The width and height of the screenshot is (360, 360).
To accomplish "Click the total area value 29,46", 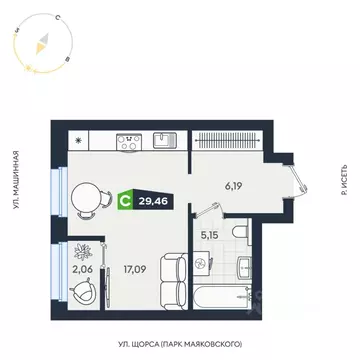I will tap(153, 199).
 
